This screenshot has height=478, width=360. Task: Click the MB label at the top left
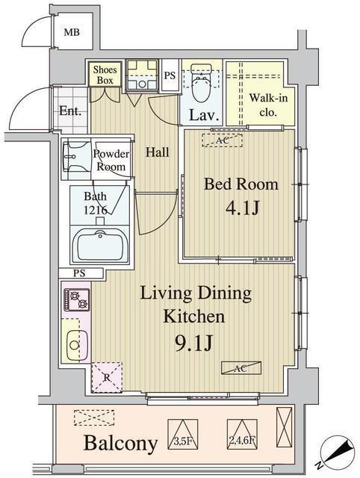(71, 32)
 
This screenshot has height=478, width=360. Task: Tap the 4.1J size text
(240, 207)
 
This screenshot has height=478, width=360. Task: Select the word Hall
(157, 152)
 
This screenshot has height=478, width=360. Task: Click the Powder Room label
(111, 161)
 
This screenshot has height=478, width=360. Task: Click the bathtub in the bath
(99, 245)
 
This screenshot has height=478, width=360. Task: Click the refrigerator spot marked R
(105, 376)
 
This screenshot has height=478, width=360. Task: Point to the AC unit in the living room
(241, 367)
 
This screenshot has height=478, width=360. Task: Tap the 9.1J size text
(195, 344)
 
